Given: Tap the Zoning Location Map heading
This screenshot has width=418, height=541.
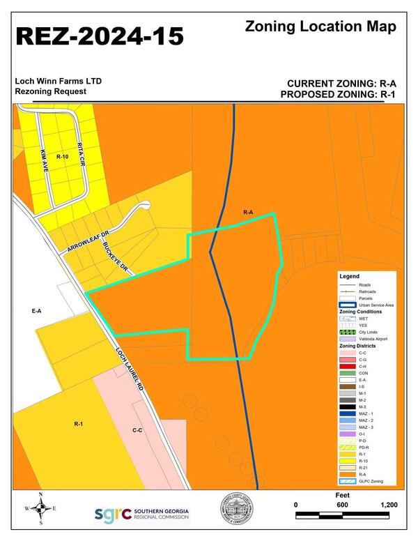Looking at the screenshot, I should tap(320, 27).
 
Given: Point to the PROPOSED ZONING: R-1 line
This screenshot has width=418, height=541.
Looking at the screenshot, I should tap(339, 94).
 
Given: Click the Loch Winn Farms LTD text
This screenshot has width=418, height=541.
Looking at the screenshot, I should tap(59, 82).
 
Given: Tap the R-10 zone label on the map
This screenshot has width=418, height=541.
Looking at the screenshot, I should tap(63, 157).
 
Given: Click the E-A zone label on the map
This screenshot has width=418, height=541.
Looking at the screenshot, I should tap(37, 312).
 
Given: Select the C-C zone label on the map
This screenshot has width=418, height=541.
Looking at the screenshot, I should tap(137, 430).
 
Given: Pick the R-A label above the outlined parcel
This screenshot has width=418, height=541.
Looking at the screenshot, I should tap(248, 211).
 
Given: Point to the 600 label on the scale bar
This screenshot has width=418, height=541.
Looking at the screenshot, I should tap(341, 505).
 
